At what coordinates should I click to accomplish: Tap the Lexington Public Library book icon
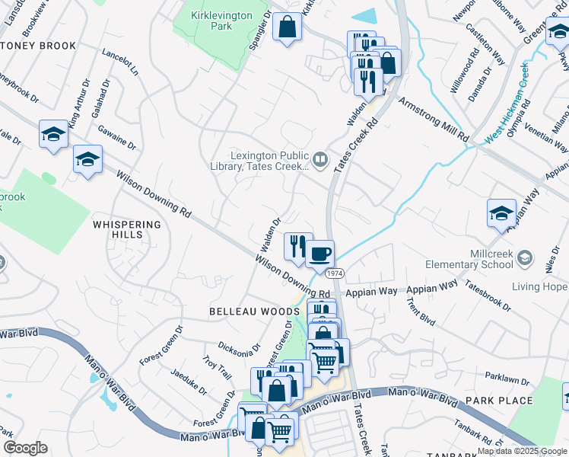click(x=320, y=159)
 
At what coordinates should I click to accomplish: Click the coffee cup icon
click(x=319, y=252)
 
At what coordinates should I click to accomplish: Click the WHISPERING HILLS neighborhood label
click(x=127, y=229)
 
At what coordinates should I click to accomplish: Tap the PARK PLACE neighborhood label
click(x=499, y=401)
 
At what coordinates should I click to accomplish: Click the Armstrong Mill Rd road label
click(x=434, y=120)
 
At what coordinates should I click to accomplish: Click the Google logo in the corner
click(x=26, y=447)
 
